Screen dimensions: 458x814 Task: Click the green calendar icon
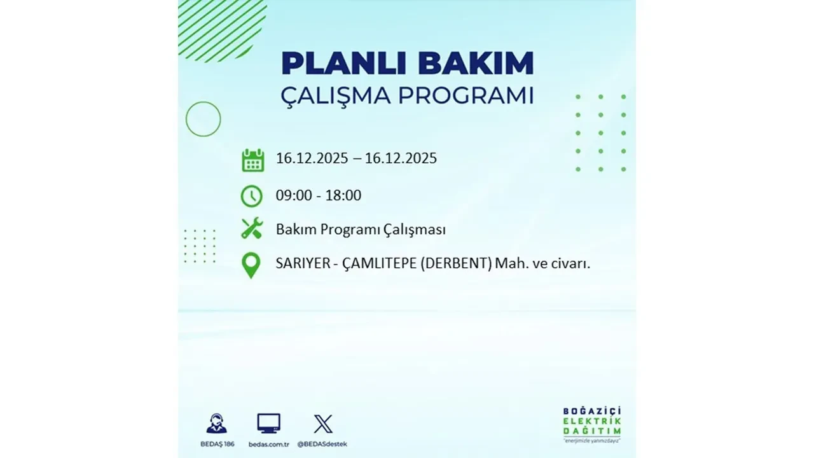tap(252, 160)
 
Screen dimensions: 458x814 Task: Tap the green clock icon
tap(252, 196)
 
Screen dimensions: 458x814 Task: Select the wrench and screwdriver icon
tap(252, 228)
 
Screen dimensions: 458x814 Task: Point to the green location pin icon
tap(252, 265)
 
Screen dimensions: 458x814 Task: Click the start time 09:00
tap(294, 196)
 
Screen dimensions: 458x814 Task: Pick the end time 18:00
tap(343, 196)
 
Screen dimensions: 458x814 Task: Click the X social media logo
tap(323, 424)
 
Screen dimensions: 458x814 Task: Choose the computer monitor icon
tap(268, 424)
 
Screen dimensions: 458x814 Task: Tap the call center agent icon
tap(216, 424)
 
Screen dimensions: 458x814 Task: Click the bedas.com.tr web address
tap(268, 444)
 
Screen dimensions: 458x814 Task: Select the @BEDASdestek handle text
tap(323, 444)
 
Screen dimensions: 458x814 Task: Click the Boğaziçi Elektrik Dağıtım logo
tap(592, 424)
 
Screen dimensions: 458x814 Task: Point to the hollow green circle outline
tap(203, 119)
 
